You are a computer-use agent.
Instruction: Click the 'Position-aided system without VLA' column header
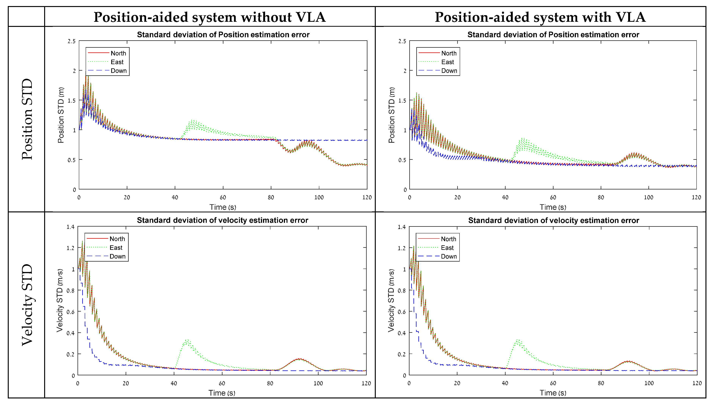point(210,17)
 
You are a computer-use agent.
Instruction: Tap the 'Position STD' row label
point(27,119)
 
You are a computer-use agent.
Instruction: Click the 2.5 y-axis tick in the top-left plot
point(71,41)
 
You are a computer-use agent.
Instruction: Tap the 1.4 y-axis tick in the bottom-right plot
point(402,227)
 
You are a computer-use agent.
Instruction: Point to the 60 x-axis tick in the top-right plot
point(553,197)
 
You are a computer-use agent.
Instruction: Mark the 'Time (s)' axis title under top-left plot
point(223,207)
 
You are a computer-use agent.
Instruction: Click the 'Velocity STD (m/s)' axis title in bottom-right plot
point(391,301)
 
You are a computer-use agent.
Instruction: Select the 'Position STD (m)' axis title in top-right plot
point(392,115)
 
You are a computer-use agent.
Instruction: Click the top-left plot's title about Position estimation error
point(223,35)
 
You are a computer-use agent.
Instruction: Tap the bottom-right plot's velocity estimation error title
point(554,220)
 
